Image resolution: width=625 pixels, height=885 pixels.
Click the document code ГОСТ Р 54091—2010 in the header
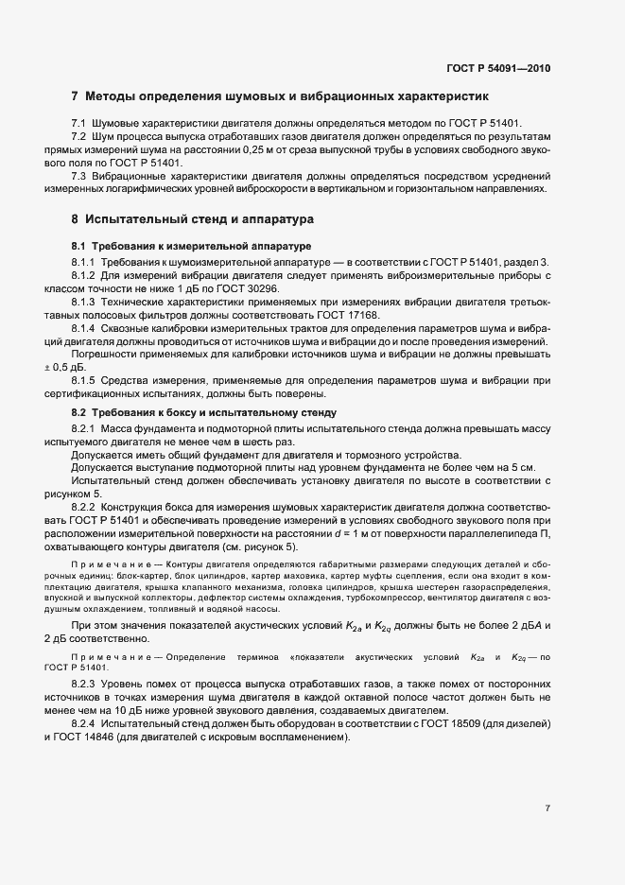pyautogui.click(x=497, y=68)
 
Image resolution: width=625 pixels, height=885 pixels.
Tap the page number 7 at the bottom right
pyautogui.click(x=547, y=807)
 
